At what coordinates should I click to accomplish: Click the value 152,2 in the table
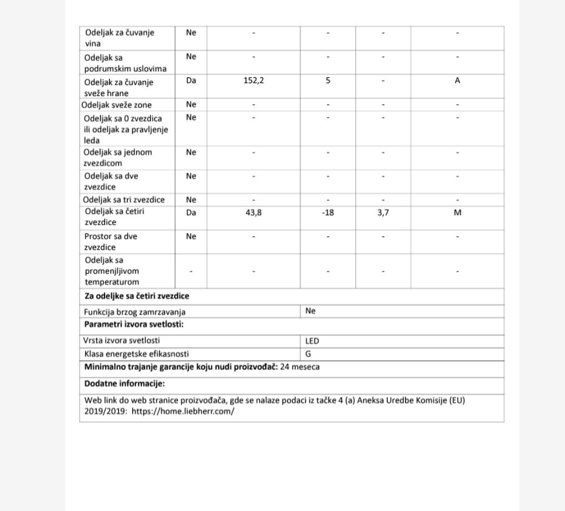point(254,81)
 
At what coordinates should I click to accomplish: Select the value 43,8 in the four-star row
point(253,213)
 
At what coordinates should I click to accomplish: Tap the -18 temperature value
point(328,213)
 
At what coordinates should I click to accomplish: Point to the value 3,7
point(383,213)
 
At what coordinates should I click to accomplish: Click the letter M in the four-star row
point(458,213)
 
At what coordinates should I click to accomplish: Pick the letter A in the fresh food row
point(458,81)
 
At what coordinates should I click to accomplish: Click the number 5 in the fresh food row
point(328,81)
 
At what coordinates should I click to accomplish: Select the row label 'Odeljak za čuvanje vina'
point(119,38)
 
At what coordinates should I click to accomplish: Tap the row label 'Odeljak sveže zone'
point(116,105)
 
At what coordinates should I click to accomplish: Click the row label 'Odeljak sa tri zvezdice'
point(124,200)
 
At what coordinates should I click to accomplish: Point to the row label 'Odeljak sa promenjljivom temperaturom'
point(112,271)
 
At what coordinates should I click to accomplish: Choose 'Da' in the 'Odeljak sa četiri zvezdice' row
point(191,213)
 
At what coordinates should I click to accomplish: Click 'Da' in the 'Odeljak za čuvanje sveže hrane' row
point(191,81)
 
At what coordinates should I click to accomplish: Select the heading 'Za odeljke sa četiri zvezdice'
point(137,296)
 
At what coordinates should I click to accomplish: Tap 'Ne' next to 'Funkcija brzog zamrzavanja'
point(310,311)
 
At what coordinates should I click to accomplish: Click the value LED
point(312,341)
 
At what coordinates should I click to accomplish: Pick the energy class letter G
point(308,355)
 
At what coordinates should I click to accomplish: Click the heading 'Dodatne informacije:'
point(124,384)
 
